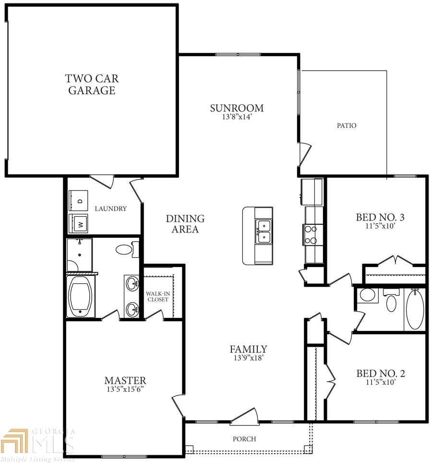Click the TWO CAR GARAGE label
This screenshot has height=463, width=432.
click(92, 85)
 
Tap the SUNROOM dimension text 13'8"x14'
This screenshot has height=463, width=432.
click(237, 117)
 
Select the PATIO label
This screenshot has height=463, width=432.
click(347, 125)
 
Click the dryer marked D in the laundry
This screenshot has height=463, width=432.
click(78, 200)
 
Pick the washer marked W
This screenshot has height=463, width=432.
click(78, 223)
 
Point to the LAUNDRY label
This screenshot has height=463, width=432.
click(111, 209)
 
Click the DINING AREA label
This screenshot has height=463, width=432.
click(185, 224)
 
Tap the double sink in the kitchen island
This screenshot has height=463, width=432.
click(264, 232)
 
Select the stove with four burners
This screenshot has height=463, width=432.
click(310, 235)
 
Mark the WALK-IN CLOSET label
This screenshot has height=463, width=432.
click(158, 296)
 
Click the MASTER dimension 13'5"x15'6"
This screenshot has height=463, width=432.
click(125, 389)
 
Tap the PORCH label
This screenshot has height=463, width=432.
click(244, 439)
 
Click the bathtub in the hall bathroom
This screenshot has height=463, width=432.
click(415, 309)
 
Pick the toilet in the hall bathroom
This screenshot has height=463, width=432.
click(391, 301)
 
